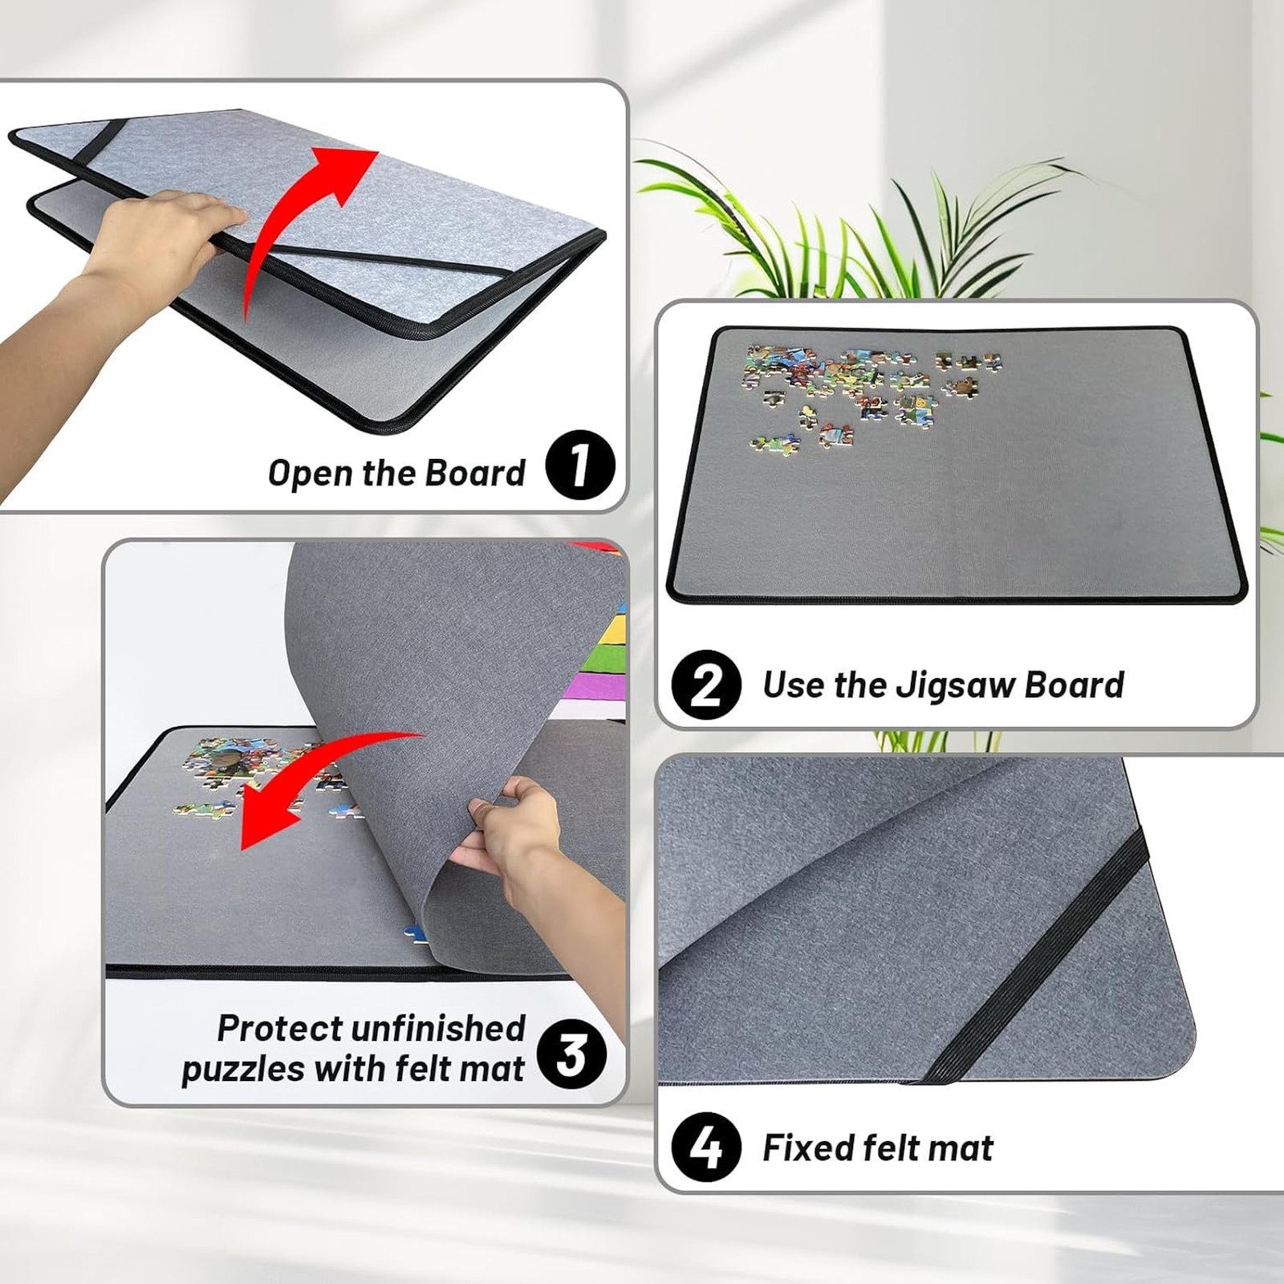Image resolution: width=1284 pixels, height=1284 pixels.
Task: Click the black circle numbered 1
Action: click(580, 465)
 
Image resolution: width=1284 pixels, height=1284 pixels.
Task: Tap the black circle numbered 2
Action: click(706, 685)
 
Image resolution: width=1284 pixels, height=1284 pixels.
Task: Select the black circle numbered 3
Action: click(571, 1054)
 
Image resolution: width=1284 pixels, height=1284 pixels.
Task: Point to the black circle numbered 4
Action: click(706, 1148)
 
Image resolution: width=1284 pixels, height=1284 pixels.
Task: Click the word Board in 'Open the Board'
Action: click(474, 473)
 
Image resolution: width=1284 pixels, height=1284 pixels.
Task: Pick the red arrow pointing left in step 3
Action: click(321, 778)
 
